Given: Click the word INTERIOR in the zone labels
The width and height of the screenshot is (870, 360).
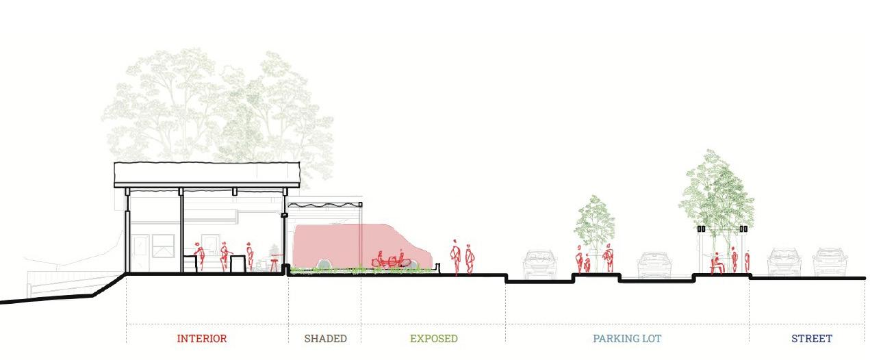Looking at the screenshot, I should point(201,339).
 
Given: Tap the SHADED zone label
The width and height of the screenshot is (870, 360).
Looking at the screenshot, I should point(325,339).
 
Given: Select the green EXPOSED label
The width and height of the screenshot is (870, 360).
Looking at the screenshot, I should point(433,339).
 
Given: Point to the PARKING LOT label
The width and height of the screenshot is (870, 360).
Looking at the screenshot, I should point(627,339).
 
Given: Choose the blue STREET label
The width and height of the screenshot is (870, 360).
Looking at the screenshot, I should point(811,339).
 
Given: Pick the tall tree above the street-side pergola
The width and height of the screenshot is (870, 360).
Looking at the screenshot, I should point(717,188).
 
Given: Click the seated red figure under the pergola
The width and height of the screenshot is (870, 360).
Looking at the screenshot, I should point(717,263).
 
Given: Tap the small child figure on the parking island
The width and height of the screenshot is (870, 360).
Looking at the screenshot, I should point(587,263).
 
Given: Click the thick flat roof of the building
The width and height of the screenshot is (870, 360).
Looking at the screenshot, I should point(207,174).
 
